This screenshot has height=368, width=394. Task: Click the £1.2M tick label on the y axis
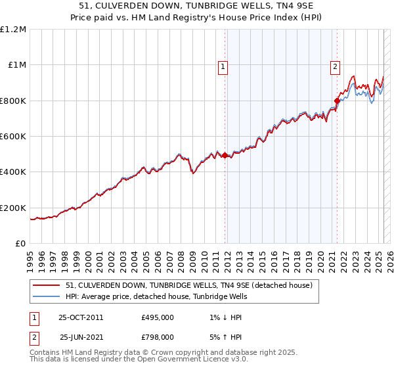(x=13, y=30)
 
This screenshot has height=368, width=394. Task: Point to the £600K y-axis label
(x=13, y=137)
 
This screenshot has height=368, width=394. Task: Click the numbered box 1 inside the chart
(x=223, y=66)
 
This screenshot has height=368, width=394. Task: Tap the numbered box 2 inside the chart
(x=335, y=66)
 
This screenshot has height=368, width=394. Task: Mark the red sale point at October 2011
(x=225, y=156)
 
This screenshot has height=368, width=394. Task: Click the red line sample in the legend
(x=46, y=285)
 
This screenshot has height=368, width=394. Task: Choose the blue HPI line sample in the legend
(x=46, y=296)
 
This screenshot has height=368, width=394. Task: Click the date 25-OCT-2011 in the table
(x=81, y=317)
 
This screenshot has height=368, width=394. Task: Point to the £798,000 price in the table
(x=158, y=336)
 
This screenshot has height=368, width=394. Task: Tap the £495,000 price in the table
(x=158, y=317)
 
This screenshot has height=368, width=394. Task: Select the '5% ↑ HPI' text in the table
(x=225, y=336)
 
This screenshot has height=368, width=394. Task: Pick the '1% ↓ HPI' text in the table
(x=225, y=317)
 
